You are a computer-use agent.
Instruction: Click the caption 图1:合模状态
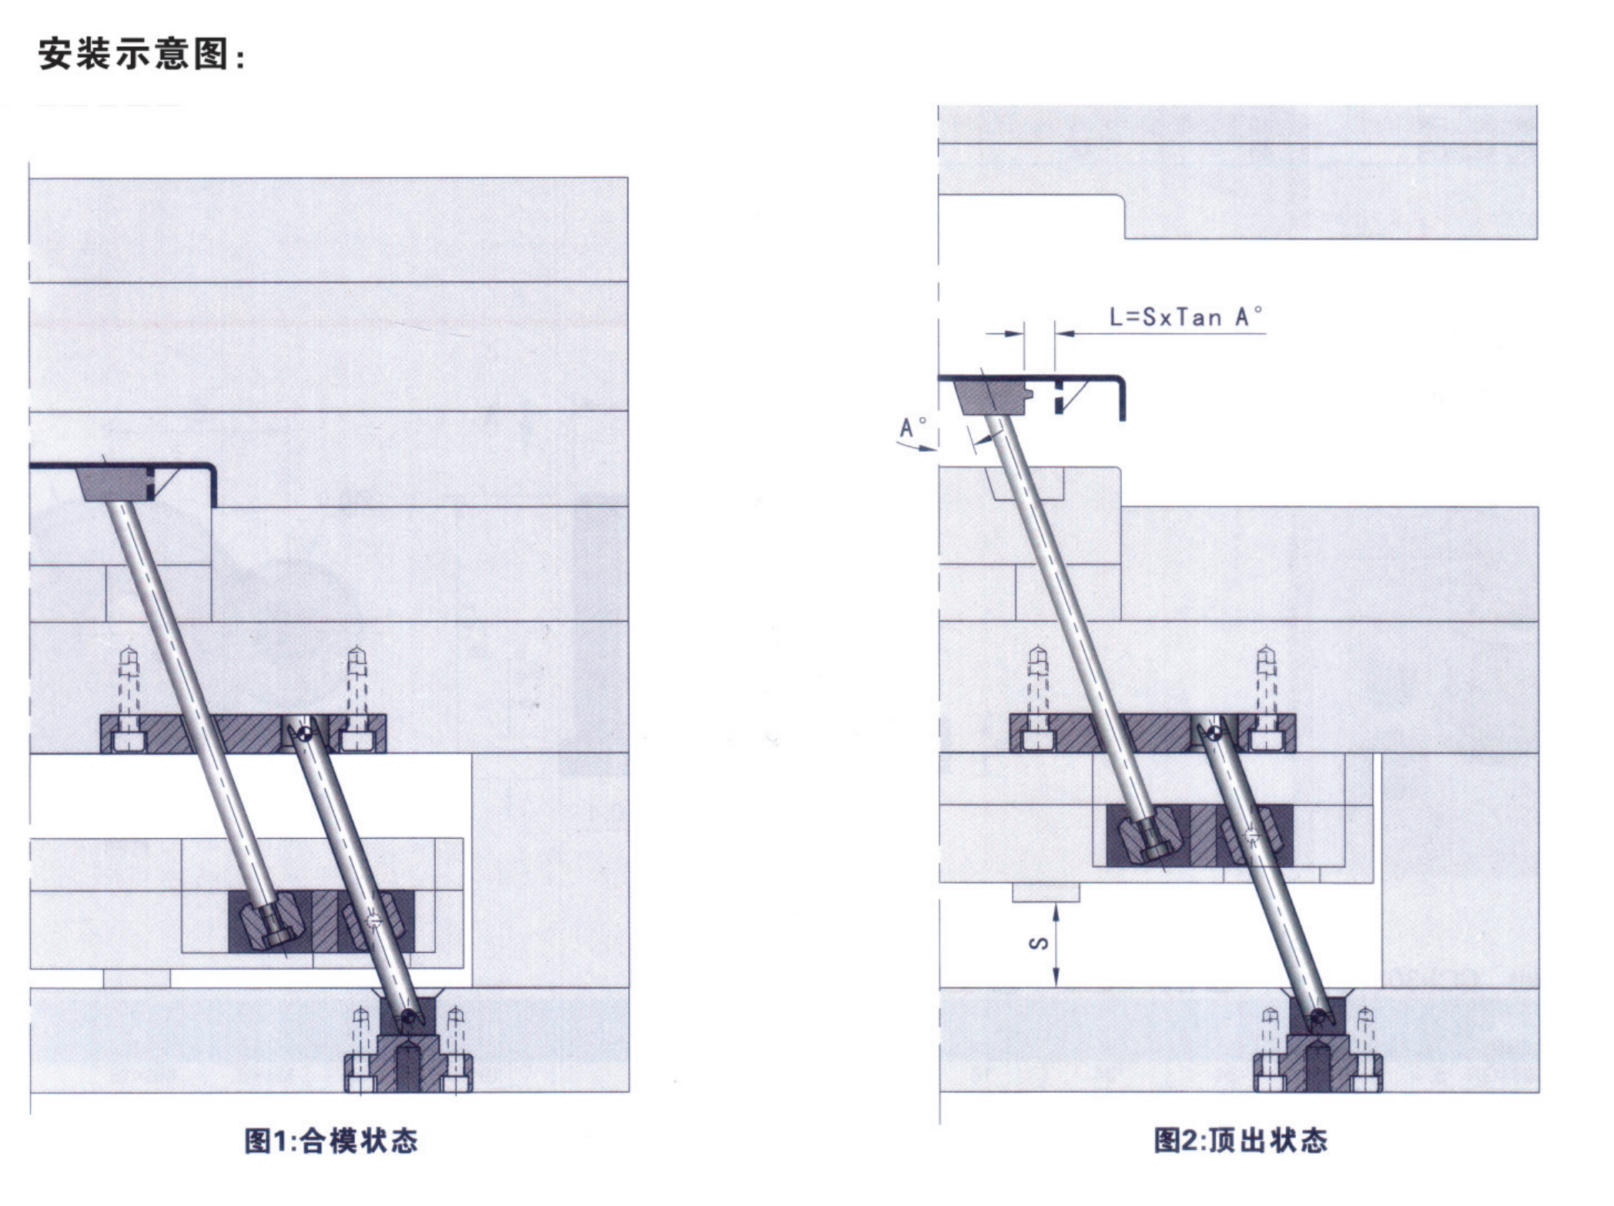pos(331,1140)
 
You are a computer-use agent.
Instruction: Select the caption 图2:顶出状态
pos(1241,1140)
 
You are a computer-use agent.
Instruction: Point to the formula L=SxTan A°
pos(1185,317)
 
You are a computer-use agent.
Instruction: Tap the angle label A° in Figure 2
pos(912,427)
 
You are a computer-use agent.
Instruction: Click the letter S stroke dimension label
pos(1039,943)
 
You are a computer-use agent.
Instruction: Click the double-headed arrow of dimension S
pos(1056,945)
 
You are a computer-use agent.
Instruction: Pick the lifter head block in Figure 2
pos(992,399)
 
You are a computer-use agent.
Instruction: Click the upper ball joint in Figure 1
pos(306,732)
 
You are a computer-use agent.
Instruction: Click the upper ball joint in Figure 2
pos(1214,732)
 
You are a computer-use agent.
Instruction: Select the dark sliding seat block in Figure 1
pos(321,921)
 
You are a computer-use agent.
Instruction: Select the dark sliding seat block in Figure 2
pos(1199,835)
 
